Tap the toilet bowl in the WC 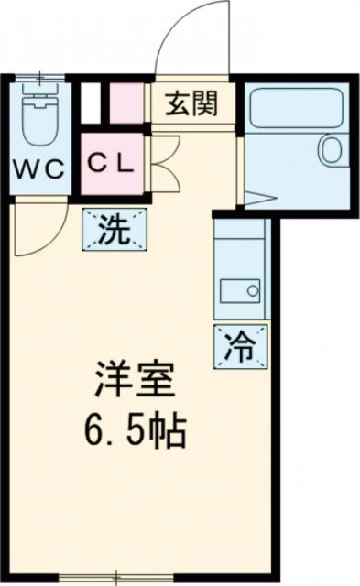point(38,125)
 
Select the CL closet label point(112,163)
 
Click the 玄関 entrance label point(191,104)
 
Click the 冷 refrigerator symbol point(242,346)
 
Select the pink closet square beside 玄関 point(128,103)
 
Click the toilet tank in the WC point(38,94)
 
